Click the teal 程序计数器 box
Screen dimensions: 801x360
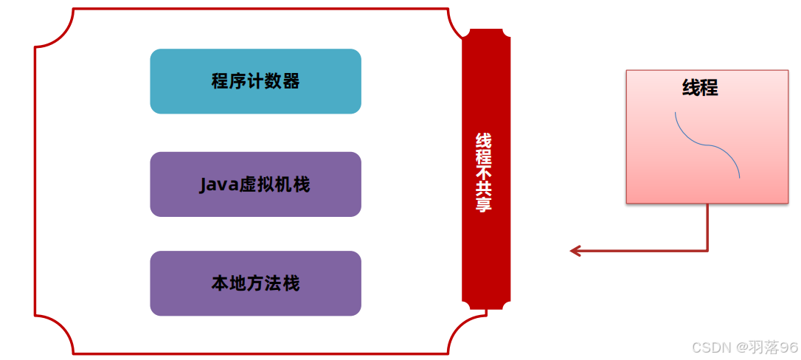255,81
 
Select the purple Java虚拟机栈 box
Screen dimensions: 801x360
255,184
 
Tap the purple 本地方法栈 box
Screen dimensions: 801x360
255,283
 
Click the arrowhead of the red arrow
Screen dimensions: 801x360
575,251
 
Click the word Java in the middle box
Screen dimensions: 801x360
215,184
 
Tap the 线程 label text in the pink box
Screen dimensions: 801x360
700,88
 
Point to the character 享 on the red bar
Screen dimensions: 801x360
484,204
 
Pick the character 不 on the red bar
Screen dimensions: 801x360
484,168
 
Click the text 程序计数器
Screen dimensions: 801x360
255,81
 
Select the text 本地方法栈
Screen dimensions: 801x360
255,283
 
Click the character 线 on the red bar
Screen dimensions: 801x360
484,140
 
